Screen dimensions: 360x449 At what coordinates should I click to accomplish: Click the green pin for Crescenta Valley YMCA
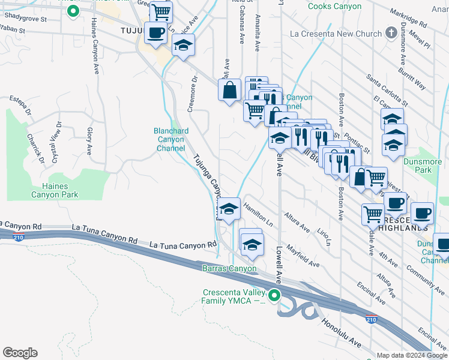275,295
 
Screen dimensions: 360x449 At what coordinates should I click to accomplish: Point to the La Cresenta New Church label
336,34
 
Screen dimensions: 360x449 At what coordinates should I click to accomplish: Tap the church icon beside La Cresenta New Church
391,32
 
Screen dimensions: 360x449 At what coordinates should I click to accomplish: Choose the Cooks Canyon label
334,7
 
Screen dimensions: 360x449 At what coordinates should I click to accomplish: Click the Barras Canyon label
229,269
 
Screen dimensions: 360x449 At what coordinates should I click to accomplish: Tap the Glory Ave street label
89,140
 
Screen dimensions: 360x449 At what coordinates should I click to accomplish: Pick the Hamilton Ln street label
258,214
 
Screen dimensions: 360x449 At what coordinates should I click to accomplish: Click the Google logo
20,353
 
